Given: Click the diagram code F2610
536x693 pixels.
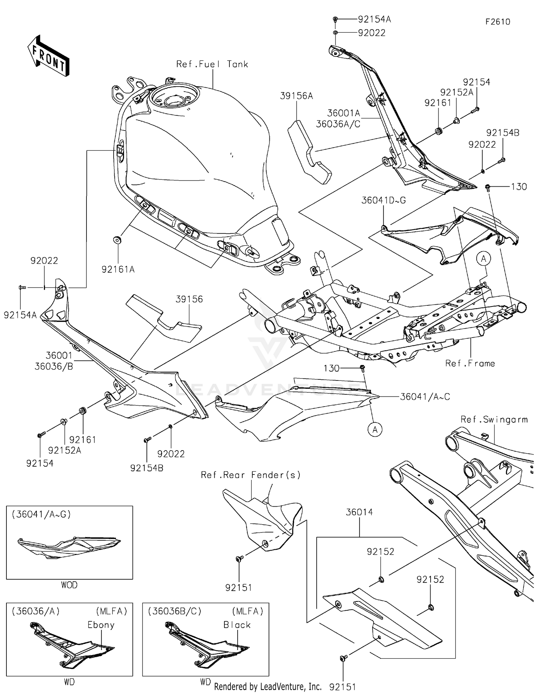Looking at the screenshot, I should (497, 22).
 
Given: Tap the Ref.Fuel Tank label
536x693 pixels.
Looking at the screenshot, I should (212, 64).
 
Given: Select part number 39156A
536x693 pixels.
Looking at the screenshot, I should (296, 96).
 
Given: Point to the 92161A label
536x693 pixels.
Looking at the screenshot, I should (118, 269).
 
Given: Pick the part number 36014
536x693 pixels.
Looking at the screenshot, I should (359, 512).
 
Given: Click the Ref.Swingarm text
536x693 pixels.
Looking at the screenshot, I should (494, 419).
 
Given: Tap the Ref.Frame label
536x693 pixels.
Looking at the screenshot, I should (470, 363).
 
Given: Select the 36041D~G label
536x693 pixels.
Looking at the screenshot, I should (383, 200).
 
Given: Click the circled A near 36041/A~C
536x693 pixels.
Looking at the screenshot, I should (375, 429).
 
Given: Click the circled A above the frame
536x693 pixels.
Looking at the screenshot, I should (484, 259).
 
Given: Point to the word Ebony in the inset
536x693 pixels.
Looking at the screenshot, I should (101, 625).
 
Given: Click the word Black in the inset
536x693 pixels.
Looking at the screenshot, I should (237, 625).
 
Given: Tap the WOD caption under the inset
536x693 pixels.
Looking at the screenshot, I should (69, 585).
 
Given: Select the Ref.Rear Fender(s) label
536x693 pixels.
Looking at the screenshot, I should (250, 475).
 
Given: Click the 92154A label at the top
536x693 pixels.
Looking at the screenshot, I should (374, 19).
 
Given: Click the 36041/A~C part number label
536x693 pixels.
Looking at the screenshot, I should (425, 397).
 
